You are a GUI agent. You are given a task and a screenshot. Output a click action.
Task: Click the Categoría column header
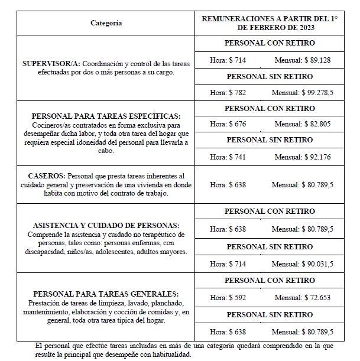[106, 23]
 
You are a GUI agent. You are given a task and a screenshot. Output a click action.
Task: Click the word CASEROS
[47, 176]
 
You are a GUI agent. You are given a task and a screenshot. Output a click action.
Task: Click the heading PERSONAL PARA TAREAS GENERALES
[105, 294]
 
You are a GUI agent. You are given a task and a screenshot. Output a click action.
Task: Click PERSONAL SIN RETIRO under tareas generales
[270, 314]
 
